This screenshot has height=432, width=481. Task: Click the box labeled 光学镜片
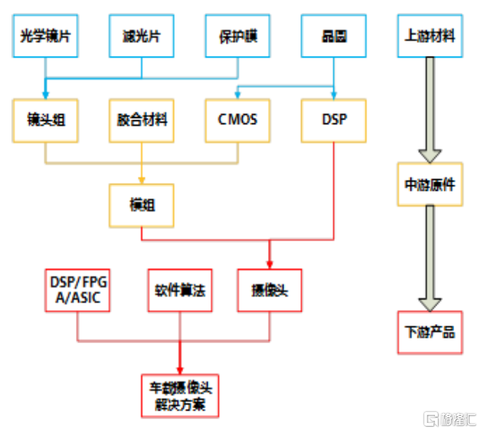[x=46, y=35]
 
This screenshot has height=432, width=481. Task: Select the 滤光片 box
[x=142, y=35]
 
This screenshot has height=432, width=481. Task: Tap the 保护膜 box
[x=238, y=35]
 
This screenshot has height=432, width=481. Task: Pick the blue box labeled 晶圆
[x=334, y=35]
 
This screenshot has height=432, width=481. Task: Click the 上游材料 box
[x=430, y=35]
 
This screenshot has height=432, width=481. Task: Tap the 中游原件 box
[x=430, y=184]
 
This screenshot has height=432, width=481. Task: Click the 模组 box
[x=142, y=205]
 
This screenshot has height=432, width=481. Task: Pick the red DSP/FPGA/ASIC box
[x=77, y=290]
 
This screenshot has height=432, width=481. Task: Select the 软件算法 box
[x=180, y=290]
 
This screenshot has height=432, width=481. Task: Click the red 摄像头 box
[x=270, y=290]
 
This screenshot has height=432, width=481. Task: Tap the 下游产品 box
[x=430, y=332]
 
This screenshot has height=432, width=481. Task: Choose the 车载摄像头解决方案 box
[x=179, y=395]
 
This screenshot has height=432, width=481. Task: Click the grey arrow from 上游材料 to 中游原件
[x=430, y=112]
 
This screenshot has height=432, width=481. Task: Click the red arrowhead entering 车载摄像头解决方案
[x=180, y=367]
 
